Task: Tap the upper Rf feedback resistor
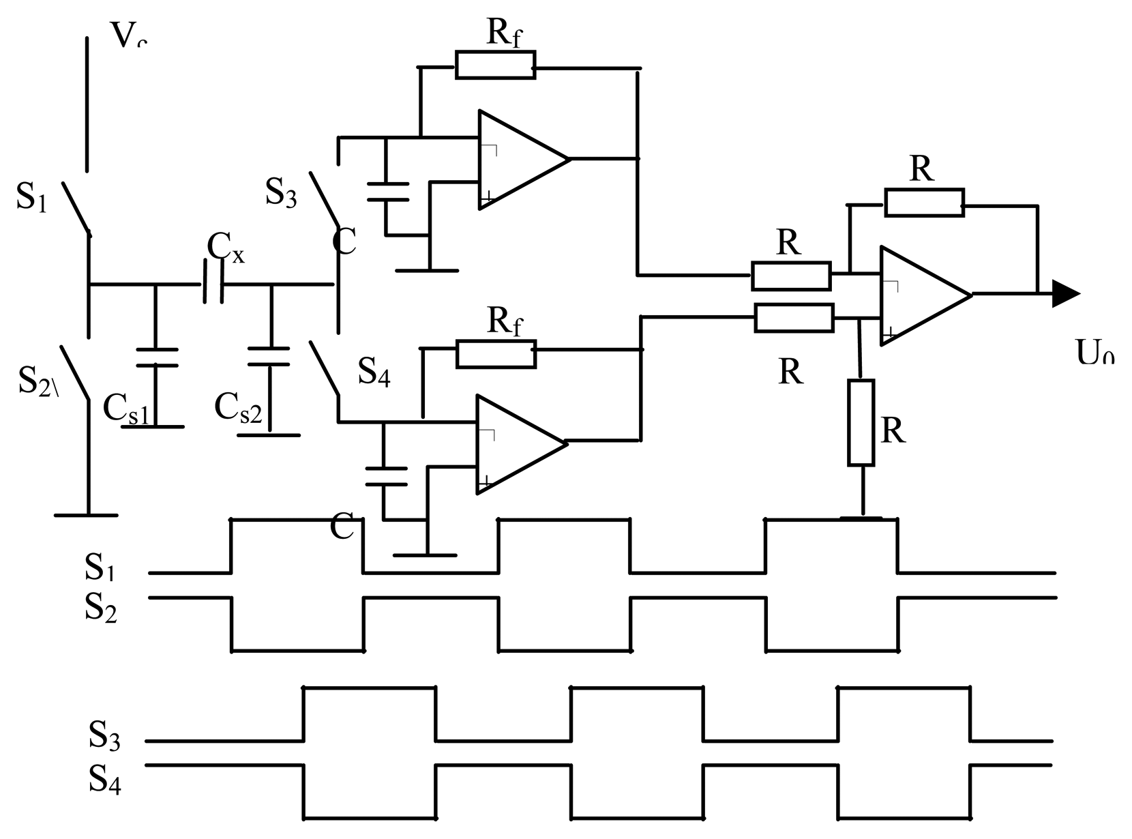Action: tap(495, 65)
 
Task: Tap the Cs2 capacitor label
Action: tap(237, 408)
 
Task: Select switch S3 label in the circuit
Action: tap(281, 192)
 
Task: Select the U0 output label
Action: tap(1094, 353)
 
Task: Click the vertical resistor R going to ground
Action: tap(861, 423)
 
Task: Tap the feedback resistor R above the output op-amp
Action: tap(924, 203)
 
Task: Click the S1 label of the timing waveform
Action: tap(99, 566)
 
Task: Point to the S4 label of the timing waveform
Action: tap(104, 779)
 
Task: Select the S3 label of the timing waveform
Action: tap(104, 736)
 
